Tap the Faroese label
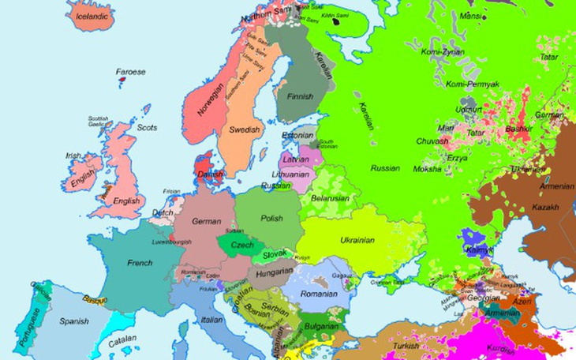[131, 72]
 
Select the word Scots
[147, 127]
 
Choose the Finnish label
[300, 97]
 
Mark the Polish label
[271, 218]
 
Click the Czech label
[242, 246]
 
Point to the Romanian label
[319, 294]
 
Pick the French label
[140, 262]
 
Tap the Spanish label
[74, 321]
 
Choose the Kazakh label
[544, 208]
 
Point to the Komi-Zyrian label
[442, 52]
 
